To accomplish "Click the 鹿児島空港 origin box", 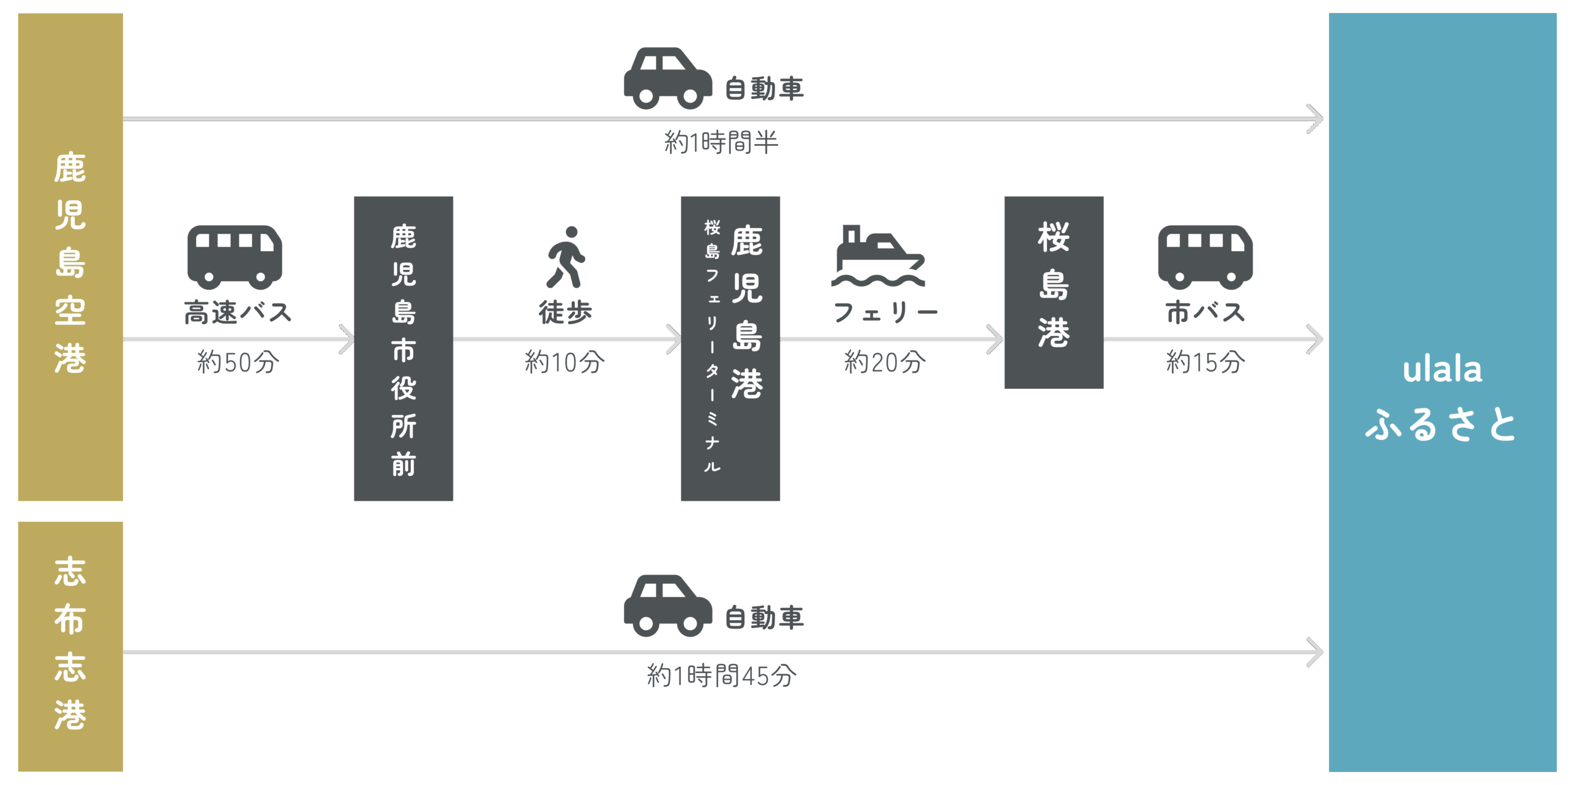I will pyautogui.click(x=70, y=257).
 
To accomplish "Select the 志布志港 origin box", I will pyautogui.click(x=70, y=646).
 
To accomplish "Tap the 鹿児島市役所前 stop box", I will pyautogui.click(x=403, y=348).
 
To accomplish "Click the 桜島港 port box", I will pyautogui.click(x=1053, y=292).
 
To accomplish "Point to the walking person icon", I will pyautogui.click(x=565, y=257).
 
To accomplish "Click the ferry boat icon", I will pyautogui.click(x=879, y=256).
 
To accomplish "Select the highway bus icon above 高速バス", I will pyautogui.click(x=234, y=257).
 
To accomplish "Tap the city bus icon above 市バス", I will pyautogui.click(x=1205, y=257).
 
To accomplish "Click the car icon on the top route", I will pyautogui.click(x=668, y=78).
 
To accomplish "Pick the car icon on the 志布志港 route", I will pyautogui.click(x=668, y=606).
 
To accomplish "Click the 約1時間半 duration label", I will pyautogui.click(x=721, y=143).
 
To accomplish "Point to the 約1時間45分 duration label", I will pyautogui.click(x=721, y=675).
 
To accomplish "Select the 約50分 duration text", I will pyautogui.click(x=237, y=362).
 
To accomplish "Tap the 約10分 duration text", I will pyautogui.click(x=564, y=362).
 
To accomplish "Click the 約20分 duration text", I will pyautogui.click(x=884, y=362).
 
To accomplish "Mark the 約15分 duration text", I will pyautogui.click(x=1205, y=362).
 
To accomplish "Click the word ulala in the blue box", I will pyautogui.click(x=1442, y=370).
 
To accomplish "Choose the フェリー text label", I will pyautogui.click(x=885, y=313).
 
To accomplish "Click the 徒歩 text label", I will pyautogui.click(x=565, y=313).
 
